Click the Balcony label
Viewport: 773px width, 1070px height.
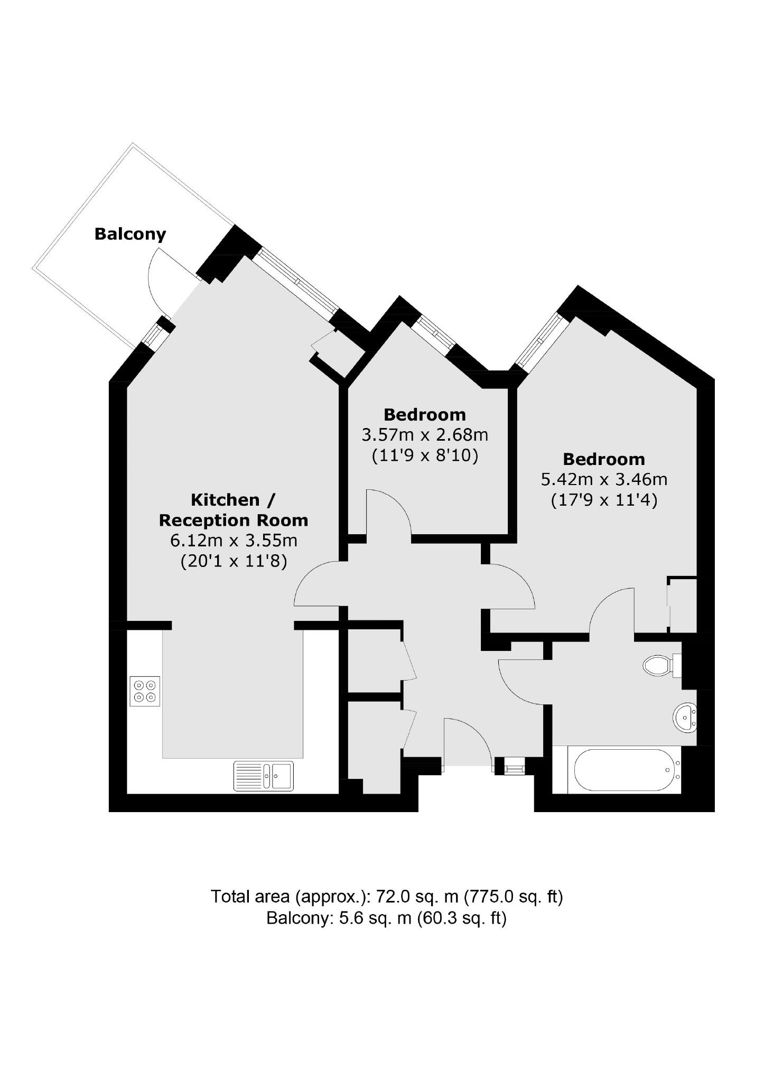coord(130,234)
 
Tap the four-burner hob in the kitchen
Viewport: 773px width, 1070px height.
coord(145,691)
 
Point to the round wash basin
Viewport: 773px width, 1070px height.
coord(685,718)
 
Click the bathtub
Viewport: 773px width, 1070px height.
coord(623,770)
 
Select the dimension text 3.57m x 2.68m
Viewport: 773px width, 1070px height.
coord(424,435)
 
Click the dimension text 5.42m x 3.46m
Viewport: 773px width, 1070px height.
coord(603,479)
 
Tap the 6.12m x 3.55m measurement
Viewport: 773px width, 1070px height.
coord(234,541)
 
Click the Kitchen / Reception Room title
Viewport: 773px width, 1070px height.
coord(233,509)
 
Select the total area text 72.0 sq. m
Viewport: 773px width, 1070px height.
coord(386,897)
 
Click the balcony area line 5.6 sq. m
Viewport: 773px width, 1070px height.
coord(386,918)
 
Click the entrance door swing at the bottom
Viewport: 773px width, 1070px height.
coord(468,740)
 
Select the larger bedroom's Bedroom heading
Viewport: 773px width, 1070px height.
coord(603,459)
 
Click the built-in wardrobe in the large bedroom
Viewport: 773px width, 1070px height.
coord(683,604)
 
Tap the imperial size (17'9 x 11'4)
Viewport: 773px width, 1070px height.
coord(603,499)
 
